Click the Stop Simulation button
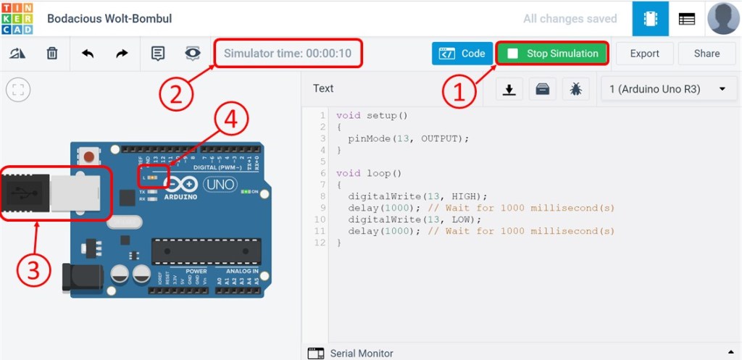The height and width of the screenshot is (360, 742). tap(553, 54)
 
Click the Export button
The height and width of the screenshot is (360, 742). tap(644, 54)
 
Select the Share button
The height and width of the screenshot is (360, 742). tap(706, 54)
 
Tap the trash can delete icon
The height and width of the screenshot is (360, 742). tap(52, 54)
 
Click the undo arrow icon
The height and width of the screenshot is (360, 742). tap(88, 54)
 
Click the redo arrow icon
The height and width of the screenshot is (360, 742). tap(122, 54)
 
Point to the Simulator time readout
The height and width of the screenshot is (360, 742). tap(288, 54)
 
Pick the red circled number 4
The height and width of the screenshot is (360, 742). tap(230, 122)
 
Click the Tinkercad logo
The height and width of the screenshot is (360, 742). tap(18, 18)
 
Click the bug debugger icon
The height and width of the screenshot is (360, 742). tap(575, 89)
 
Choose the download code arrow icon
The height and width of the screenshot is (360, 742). tap(509, 89)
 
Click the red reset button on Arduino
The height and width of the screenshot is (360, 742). tap(89, 156)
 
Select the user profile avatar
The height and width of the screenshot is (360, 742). tap(723, 18)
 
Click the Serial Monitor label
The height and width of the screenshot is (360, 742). tap(361, 353)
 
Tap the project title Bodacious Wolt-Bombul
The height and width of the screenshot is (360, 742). tap(109, 19)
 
